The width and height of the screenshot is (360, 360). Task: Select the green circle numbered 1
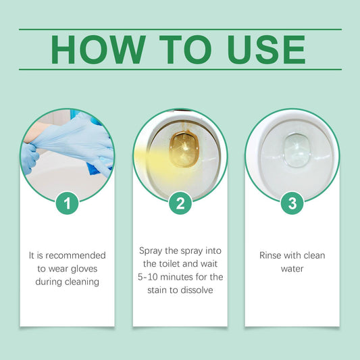click(x=68, y=203)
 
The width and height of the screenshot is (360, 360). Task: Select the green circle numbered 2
click(x=180, y=203)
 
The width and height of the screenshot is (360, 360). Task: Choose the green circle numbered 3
click(x=292, y=203)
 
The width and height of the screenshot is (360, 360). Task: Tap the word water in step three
click(x=292, y=268)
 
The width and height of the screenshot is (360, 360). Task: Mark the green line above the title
click(x=180, y=30)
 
